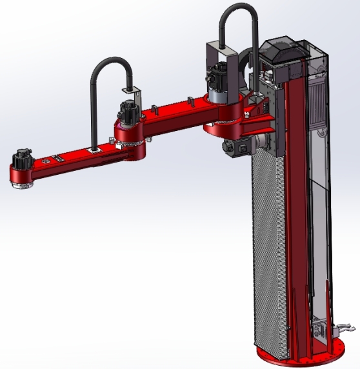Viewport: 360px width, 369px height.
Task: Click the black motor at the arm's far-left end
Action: [x=23, y=158]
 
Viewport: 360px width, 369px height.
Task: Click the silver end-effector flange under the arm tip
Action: [x=23, y=184]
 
